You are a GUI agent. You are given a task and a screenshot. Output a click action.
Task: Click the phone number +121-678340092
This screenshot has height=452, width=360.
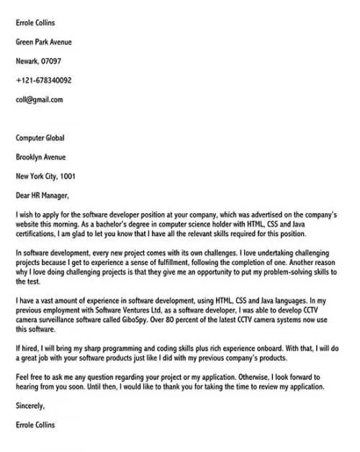click(x=43, y=81)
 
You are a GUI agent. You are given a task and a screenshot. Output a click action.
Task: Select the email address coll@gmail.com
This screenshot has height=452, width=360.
click(x=39, y=99)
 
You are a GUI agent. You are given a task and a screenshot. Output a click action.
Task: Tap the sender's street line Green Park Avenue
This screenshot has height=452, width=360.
click(x=44, y=42)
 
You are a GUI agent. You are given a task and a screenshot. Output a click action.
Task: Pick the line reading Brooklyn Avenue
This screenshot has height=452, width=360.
click(x=40, y=156)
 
